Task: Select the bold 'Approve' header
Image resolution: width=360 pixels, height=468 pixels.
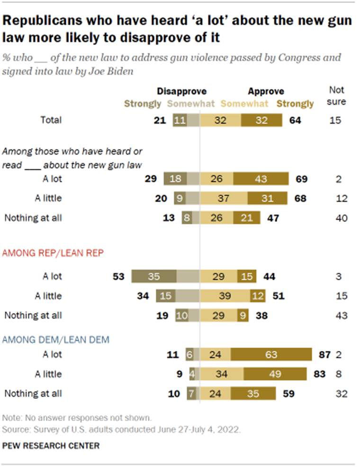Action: pos(266,92)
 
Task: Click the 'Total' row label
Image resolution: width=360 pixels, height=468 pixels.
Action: pos(51,120)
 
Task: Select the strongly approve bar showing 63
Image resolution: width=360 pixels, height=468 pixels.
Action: pos(271,354)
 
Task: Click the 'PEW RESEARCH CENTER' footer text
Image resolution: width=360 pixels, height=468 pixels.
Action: pos(51,446)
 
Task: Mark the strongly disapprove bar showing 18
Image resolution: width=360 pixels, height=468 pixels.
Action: pos(175,179)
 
